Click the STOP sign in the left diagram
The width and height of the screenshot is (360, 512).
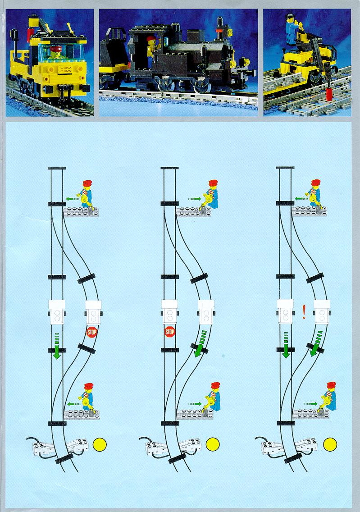point(92,332)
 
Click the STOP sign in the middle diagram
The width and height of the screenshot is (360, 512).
point(170,332)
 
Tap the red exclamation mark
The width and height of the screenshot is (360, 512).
point(304,312)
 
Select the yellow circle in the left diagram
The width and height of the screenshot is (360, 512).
point(100,444)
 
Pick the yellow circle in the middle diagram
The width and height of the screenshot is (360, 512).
point(213,444)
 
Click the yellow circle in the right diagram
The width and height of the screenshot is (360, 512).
point(330,444)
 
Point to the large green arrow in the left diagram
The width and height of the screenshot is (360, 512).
point(57,346)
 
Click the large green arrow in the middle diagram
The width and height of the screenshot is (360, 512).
point(200,343)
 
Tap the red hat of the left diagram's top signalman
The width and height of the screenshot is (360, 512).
point(87,183)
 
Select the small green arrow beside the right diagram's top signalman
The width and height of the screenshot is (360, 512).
point(301,198)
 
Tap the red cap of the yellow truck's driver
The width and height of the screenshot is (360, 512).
point(55,49)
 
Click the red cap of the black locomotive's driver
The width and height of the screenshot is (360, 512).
point(150,39)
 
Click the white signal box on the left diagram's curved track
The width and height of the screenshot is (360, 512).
point(93,312)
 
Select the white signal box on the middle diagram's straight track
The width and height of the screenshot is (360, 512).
point(170,312)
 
